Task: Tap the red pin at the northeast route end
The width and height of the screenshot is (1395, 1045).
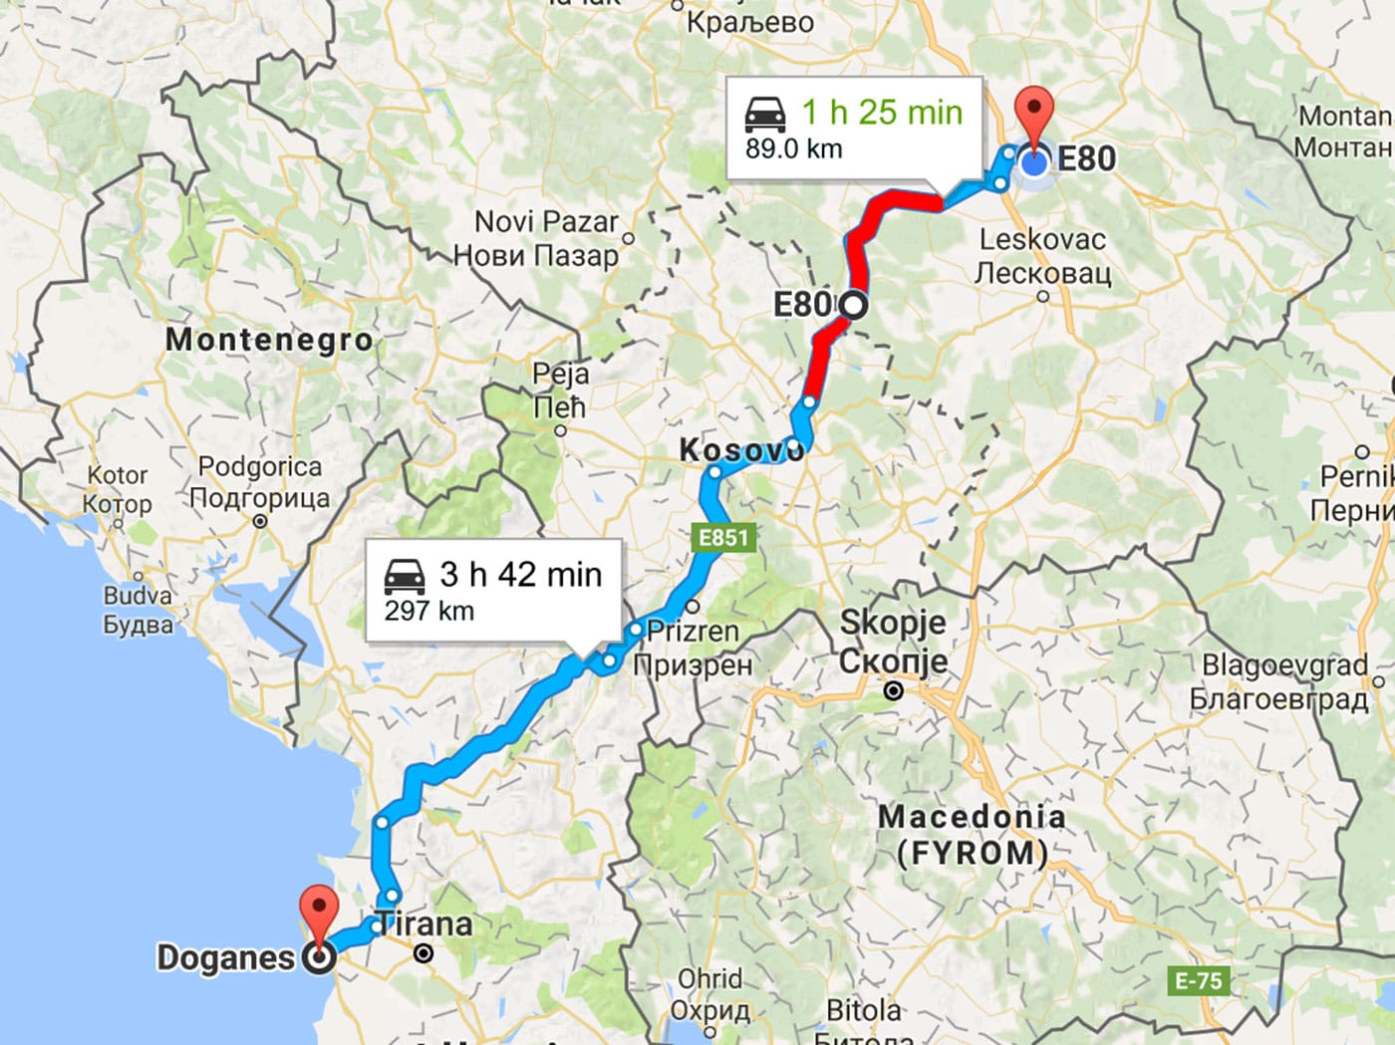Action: (x=1034, y=113)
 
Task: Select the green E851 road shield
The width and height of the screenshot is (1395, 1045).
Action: (x=723, y=538)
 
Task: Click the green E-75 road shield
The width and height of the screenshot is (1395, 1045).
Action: (x=1198, y=981)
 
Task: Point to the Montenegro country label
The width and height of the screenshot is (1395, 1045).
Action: (x=269, y=340)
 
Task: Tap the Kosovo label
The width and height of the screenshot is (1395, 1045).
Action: (x=740, y=450)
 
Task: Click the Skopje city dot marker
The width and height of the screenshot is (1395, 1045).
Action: (x=894, y=690)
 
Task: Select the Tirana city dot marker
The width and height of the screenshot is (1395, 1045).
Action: (x=423, y=953)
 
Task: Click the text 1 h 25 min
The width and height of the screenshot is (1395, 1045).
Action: (x=882, y=113)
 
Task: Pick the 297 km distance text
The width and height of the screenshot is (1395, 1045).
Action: (x=429, y=611)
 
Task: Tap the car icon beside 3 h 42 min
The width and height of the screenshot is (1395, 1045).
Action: (x=405, y=576)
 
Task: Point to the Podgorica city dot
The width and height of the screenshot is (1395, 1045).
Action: (x=260, y=521)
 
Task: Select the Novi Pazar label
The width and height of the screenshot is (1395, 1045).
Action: (x=546, y=221)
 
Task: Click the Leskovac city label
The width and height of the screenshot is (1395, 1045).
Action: (x=1042, y=240)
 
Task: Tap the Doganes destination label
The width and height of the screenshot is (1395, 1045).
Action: (x=226, y=957)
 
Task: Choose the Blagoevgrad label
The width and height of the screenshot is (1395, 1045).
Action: (x=1284, y=664)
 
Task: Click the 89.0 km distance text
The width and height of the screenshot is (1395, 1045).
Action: (x=794, y=149)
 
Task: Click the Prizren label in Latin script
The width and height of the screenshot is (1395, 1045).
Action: (x=693, y=631)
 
